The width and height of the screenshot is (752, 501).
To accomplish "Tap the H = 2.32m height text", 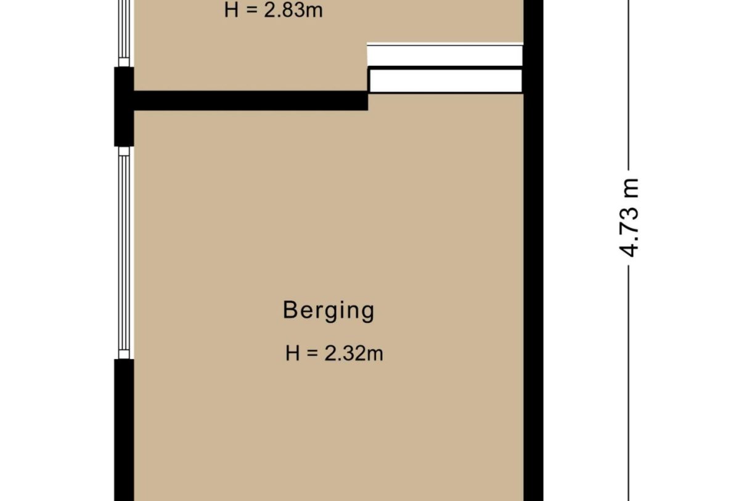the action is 334,353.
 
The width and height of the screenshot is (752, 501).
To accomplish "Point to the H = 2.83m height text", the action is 273,10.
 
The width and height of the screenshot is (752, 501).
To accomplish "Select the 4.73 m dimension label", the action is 629,218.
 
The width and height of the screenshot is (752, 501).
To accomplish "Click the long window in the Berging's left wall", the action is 124,253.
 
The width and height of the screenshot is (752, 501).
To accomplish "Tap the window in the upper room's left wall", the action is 124,33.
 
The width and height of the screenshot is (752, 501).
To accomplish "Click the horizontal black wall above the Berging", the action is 251,100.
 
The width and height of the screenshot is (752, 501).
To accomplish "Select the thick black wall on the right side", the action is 533,250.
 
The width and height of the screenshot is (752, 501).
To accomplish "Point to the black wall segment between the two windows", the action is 124,107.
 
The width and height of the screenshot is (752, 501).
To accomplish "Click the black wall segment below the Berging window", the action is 124,430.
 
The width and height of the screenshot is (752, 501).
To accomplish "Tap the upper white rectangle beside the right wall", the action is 445,55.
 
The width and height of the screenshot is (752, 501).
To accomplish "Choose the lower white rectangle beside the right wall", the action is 446,81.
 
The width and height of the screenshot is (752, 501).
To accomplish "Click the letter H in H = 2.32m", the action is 292,353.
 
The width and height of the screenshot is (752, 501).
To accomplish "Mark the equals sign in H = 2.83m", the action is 251,10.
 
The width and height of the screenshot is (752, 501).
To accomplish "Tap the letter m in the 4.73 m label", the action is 629,187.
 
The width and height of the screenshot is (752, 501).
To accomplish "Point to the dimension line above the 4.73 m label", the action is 629,85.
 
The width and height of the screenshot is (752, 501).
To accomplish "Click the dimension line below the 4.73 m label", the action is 629,383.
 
